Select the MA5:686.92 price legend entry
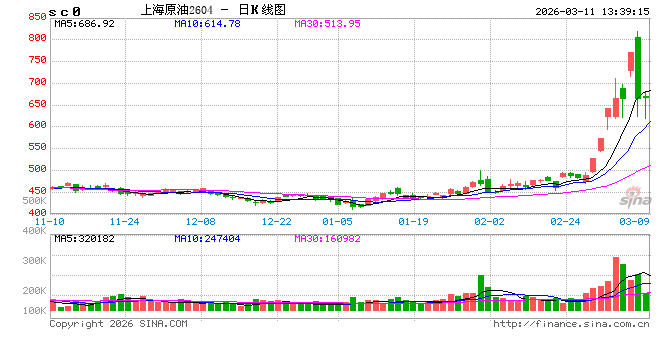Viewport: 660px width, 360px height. tap(85, 22)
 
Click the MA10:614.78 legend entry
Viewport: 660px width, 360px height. tap(206, 22)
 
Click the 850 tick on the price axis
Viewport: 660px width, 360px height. tap(36, 17)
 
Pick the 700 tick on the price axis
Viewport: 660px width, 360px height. tap(36, 82)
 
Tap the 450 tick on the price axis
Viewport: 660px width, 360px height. tap(36, 190)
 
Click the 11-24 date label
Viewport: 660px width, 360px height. tap(124, 221)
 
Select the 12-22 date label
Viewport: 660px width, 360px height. tap(276, 221)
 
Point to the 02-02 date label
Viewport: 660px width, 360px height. tap(488, 221)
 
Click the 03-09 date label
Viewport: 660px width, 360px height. tap(633, 221)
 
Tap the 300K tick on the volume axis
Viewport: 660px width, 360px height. tap(35, 260)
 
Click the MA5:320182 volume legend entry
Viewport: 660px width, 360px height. tap(86, 238)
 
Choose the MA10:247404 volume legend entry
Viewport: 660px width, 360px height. tap(206, 238)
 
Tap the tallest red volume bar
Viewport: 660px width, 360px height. tap(614, 284)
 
